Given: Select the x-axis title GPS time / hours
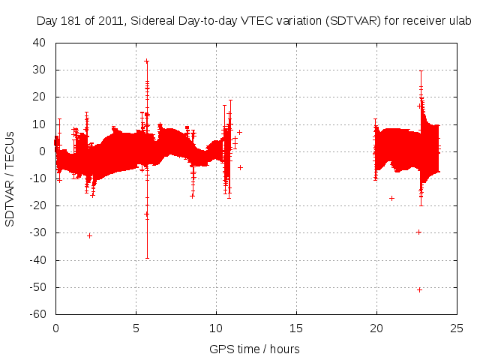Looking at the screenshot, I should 254,349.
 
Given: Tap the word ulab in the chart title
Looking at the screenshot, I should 459,21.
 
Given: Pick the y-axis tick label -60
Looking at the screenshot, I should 37,315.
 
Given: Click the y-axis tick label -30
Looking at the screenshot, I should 37,233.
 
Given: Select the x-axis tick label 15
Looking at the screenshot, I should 296,328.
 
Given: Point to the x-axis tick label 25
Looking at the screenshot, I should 457,328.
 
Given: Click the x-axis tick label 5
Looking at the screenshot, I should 136,328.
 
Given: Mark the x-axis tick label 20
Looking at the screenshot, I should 376,328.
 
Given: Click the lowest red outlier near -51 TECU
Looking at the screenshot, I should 419,289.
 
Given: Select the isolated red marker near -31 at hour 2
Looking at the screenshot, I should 89,235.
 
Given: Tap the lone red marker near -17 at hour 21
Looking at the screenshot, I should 391,198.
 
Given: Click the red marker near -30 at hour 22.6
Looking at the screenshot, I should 418,232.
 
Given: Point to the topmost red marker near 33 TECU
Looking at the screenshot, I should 147,61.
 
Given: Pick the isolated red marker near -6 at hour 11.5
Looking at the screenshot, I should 240,167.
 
